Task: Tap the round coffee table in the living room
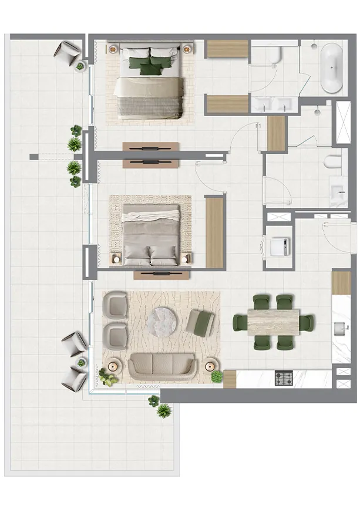pos(163,321)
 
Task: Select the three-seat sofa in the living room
pos(162,366)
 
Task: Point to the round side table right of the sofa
pos(210,367)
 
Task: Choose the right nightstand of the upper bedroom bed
pos(188,48)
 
